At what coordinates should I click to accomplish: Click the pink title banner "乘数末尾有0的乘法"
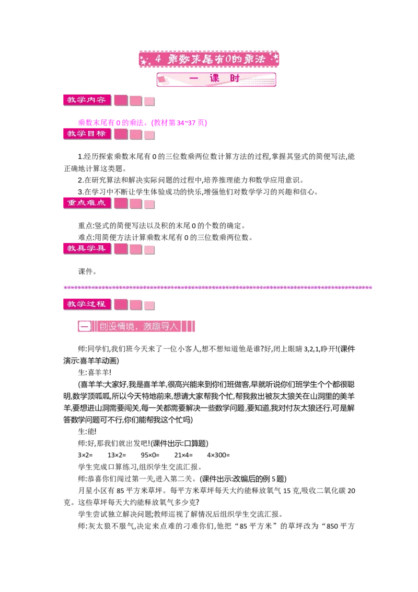click(x=209, y=59)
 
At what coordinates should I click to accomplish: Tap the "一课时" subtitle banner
click(x=216, y=79)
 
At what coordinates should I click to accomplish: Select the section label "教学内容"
click(x=87, y=100)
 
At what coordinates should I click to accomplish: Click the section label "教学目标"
click(x=87, y=134)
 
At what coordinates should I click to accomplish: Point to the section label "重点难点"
click(x=87, y=203)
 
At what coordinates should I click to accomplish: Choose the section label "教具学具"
click(x=87, y=248)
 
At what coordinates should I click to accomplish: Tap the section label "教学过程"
click(x=87, y=304)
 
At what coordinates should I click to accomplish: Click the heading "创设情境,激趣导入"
click(x=138, y=326)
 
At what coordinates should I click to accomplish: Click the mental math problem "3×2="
click(x=85, y=455)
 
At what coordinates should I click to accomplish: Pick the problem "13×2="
click(x=117, y=455)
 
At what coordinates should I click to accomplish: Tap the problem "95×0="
click(x=150, y=455)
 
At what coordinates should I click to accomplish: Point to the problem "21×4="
click(x=183, y=455)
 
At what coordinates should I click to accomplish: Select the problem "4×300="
click(x=218, y=455)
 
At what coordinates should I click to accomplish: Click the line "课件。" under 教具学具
click(x=87, y=271)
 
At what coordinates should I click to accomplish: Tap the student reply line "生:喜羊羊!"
click(x=95, y=373)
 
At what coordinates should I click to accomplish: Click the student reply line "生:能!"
click(x=87, y=431)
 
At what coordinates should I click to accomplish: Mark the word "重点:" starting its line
click(x=86, y=226)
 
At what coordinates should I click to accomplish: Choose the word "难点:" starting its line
click(x=86, y=237)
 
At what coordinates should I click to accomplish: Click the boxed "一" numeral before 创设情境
click(x=85, y=326)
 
